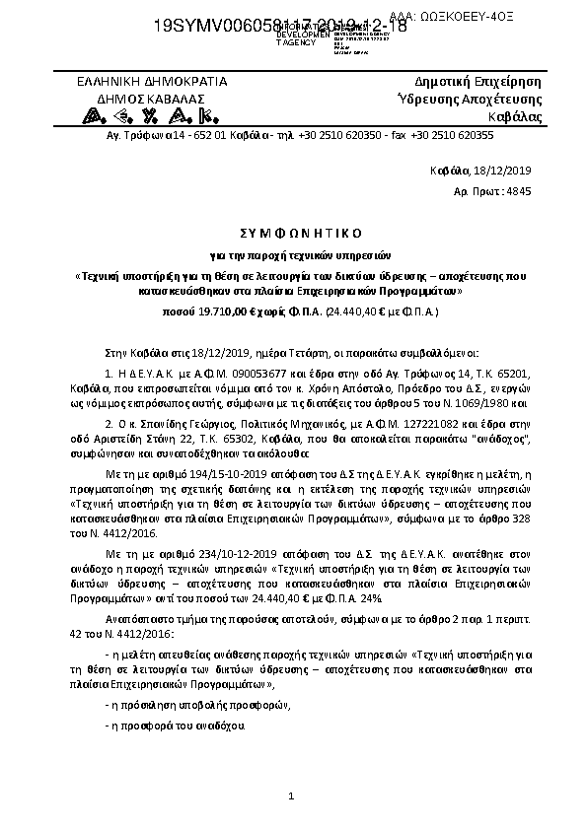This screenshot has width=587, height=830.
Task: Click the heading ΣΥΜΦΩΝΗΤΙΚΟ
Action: click(293, 233)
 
